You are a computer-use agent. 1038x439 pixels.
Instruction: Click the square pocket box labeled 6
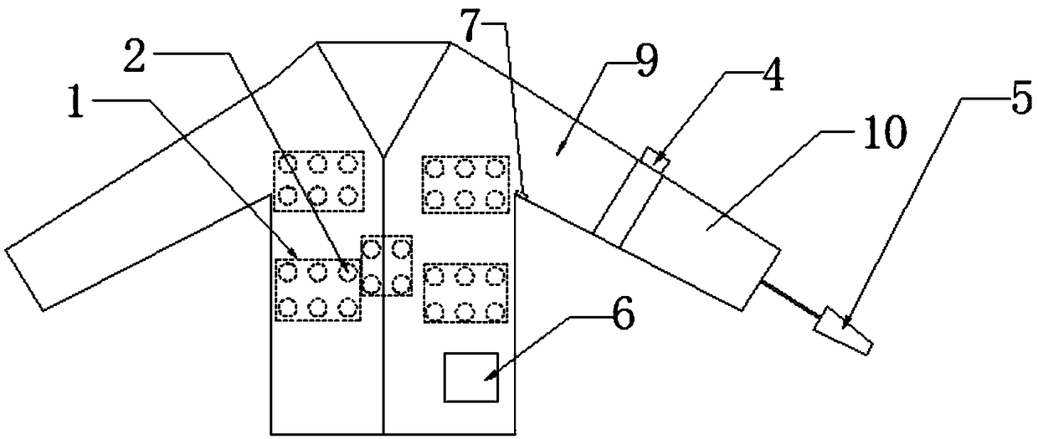[470, 377]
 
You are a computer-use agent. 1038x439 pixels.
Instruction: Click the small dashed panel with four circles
[387, 264]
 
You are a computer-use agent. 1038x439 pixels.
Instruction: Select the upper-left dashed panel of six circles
[317, 180]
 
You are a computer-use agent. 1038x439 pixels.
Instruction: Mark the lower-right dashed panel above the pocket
[465, 293]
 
